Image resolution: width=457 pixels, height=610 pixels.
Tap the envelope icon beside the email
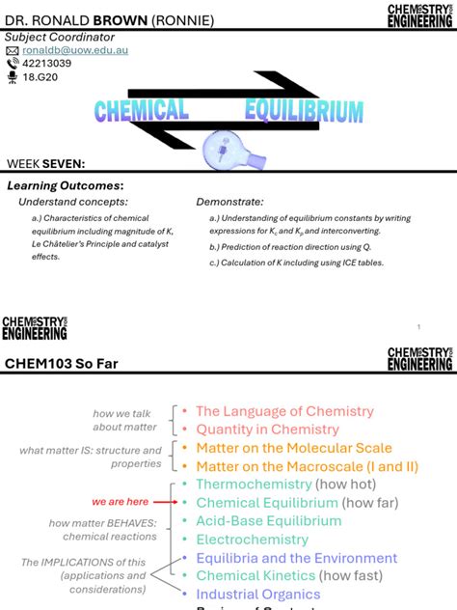(13, 50)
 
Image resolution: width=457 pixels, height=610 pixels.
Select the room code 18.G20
(41, 77)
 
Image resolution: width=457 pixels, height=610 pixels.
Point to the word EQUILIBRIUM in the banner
(304, 111)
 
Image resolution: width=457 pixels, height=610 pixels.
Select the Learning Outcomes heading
(65, 185)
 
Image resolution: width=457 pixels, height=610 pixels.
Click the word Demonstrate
(229, 202)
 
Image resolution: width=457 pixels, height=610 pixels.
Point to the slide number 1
(419, 327)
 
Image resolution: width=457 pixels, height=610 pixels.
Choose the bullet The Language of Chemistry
(284, 411)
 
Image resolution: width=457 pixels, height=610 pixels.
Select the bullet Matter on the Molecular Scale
(294, 448)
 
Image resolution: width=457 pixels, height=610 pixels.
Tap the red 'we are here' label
(120, 502)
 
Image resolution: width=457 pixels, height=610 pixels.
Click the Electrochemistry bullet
(253, 540)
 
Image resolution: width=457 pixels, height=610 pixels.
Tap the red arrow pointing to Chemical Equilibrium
(166, 502)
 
